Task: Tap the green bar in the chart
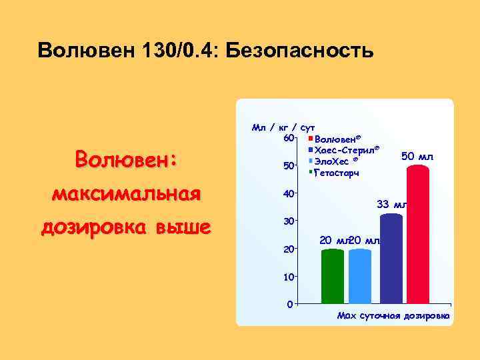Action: tap(333, 276)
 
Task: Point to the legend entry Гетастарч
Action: tap(336, 173)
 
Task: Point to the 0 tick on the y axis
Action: tap(289, 305)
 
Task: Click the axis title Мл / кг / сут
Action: tap(283, 126)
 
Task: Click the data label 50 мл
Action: tap(418, 156)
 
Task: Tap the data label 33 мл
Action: tap(392, 204)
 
